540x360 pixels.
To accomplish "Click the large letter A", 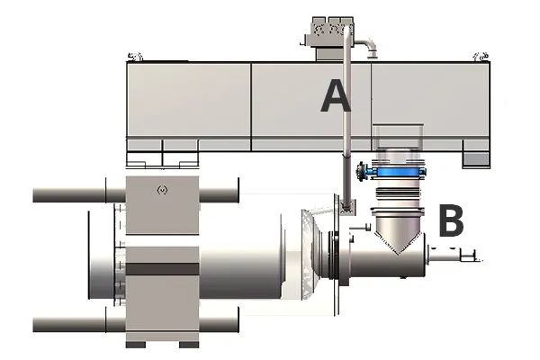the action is point(336,95).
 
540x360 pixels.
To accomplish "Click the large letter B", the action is point(451,220).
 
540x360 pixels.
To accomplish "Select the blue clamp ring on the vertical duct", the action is point(399,171).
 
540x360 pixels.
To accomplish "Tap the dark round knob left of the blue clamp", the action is point(361,171).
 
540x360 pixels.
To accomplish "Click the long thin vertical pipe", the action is point(347,117).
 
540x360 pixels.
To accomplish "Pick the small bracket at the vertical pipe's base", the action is point(347,208).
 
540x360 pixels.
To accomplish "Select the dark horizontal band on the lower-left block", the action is point(162,269).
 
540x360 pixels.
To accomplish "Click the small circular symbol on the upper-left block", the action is point(162,190).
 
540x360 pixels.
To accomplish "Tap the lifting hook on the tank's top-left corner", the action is point(135,57).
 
